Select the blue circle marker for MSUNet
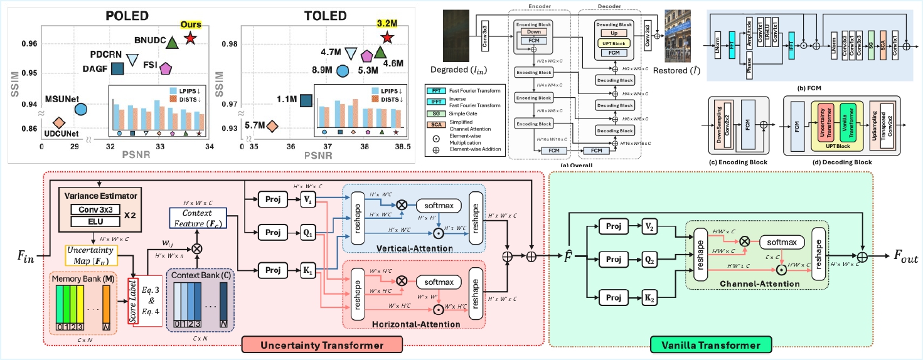(x=80, y=109)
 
